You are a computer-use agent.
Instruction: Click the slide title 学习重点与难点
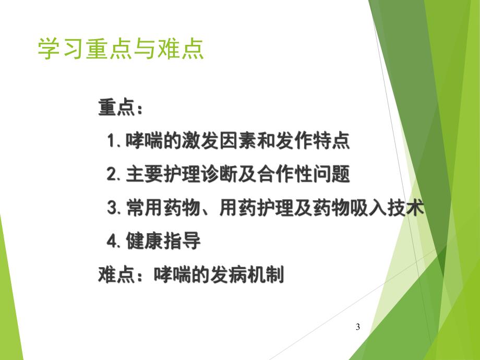(121, 49)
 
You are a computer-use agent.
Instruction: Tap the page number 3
(357, 327)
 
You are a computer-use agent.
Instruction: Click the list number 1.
(112, 141)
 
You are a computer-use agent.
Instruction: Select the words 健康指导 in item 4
(162, 242)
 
